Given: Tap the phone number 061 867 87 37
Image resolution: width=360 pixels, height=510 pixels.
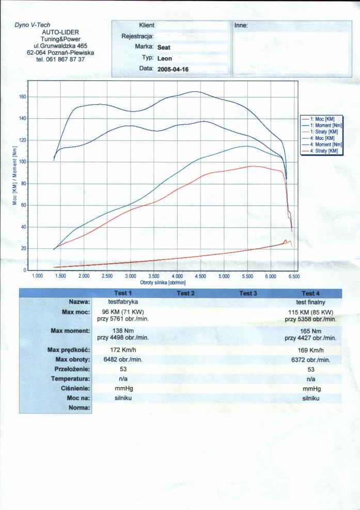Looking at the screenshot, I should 60,59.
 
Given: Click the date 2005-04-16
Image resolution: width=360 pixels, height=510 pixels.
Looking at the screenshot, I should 174,69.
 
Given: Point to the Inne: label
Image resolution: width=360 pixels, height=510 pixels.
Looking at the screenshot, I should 241,25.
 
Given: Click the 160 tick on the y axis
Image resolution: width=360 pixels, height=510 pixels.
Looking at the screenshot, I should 22,97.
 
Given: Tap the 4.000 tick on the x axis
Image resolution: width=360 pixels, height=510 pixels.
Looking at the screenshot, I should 177,277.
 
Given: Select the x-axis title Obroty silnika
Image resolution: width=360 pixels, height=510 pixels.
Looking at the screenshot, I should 162,283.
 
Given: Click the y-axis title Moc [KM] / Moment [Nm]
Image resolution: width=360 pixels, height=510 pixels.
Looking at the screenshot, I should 15,176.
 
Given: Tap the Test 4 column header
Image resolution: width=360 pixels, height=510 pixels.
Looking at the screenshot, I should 310,293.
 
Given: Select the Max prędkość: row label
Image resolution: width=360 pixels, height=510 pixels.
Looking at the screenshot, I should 69,350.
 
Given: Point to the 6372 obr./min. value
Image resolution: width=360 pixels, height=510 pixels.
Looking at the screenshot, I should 310,360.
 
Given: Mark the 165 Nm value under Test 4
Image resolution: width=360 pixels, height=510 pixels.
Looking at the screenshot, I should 310,331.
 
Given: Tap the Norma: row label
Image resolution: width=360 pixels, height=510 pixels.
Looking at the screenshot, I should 79,408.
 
